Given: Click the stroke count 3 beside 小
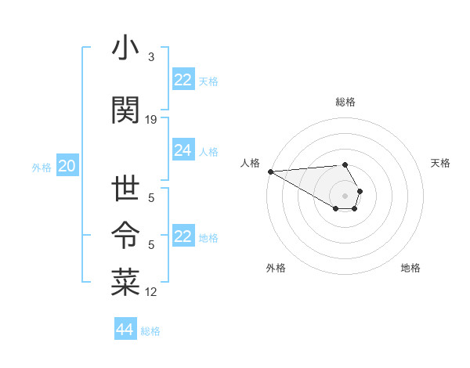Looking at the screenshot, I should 151,57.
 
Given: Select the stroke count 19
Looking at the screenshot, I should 151,119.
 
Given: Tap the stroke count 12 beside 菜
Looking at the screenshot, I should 151,292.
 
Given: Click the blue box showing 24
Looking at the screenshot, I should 183,151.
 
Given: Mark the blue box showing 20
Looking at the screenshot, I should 67,166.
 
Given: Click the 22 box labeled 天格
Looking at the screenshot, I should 183,80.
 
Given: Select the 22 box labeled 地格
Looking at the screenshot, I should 183,236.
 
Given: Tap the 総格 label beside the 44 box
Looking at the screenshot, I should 150,331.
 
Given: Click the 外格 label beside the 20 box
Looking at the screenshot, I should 42,167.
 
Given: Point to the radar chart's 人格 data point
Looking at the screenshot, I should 270,171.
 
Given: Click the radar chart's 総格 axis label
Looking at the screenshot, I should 345,102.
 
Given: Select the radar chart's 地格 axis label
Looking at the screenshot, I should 410,268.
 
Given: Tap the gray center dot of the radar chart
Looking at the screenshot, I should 345,194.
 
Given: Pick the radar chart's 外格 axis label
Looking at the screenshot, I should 276,268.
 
